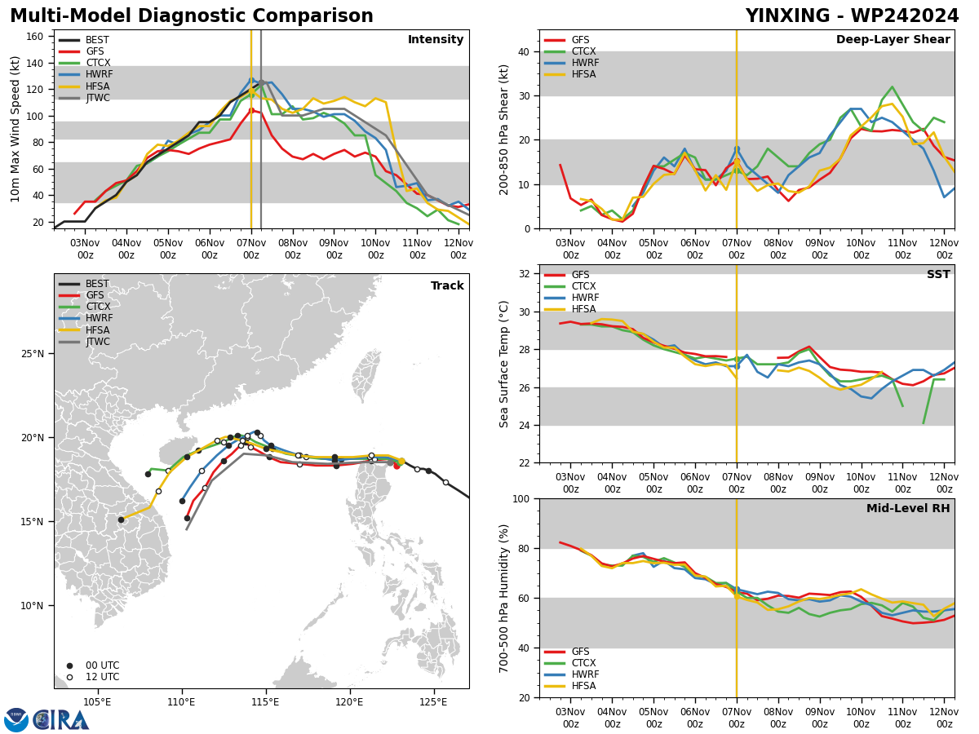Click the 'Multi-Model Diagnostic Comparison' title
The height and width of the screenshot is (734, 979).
[x=192, y=15]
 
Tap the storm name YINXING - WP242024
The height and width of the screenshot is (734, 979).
[x=852, y=15]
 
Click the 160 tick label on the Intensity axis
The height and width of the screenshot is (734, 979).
[x=35, y=37]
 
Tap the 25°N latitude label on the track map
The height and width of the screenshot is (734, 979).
[x=32, y=353]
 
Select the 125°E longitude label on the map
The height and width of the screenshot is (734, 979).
[x=432, y=703]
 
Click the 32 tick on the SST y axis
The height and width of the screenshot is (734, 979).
[x=525, y=274]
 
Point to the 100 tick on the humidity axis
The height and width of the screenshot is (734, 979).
[x=521, y=498]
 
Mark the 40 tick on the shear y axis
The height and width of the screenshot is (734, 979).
[x=525, y=51]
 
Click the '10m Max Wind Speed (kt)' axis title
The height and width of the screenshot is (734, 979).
[x=15, y=129]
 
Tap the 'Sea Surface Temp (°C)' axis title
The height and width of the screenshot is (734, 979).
[x=503, y=364]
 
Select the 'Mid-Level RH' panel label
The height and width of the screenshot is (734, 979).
[x=908, y=508]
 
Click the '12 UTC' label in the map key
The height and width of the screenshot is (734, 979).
[x=102, y=677]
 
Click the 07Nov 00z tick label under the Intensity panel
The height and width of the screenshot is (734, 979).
[x=251, y=249]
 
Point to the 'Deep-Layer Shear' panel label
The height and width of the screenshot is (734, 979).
[x=893, y=39]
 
